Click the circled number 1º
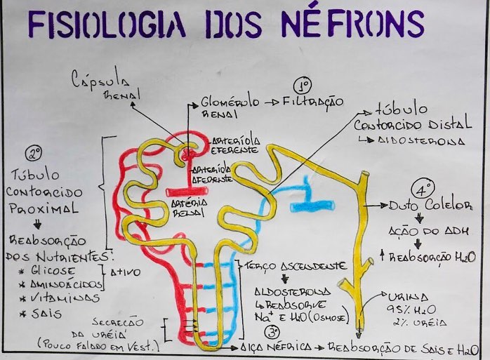click(x=303, y=86)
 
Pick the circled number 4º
click(x=423, y=189)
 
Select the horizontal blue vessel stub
click(x=312, y=206)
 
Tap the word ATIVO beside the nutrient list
click(x=127, y=271)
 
